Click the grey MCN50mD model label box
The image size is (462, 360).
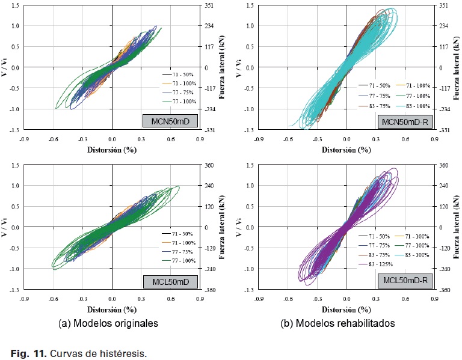[169, 121]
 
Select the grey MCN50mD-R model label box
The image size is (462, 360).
[404, 121]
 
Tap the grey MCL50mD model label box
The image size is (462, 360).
[169, 280]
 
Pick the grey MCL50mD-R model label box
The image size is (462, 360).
[404, 280]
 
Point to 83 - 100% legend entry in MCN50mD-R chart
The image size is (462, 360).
[417, 106]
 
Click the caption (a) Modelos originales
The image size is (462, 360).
[109, 323]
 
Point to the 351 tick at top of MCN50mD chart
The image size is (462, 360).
[208, 5]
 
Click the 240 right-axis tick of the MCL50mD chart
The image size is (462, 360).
[208, 186]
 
